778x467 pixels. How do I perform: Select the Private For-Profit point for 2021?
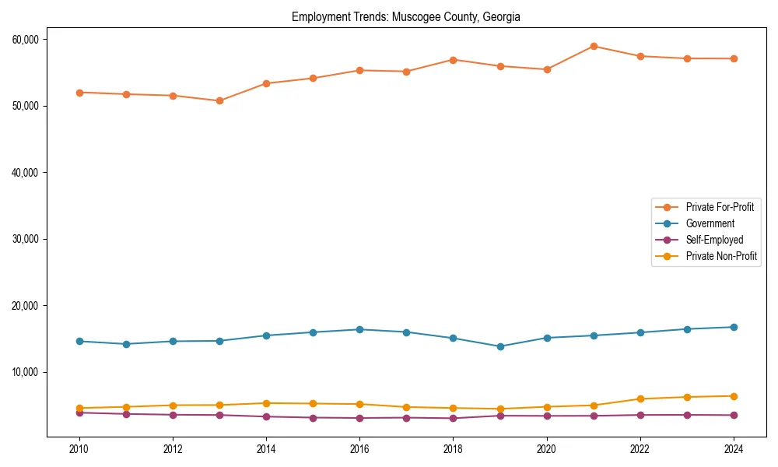pos(594,46)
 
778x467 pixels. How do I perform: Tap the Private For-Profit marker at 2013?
pos(219,100)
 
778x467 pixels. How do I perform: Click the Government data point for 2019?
pos(500,346)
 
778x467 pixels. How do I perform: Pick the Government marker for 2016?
pos(359,329)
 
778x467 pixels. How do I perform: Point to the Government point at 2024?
pos(734,327)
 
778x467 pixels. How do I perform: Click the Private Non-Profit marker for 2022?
pos(640,399)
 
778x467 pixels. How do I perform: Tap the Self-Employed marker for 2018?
pos(453,418)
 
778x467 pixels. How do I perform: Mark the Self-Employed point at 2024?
pos(734,415)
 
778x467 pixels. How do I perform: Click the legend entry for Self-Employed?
pos(714,240)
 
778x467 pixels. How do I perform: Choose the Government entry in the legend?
pos(710,223)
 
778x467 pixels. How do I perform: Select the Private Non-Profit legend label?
pos(721,256)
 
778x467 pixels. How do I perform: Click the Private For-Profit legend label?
pos(720,207)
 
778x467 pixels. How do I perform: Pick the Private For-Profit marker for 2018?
pos(453,60)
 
